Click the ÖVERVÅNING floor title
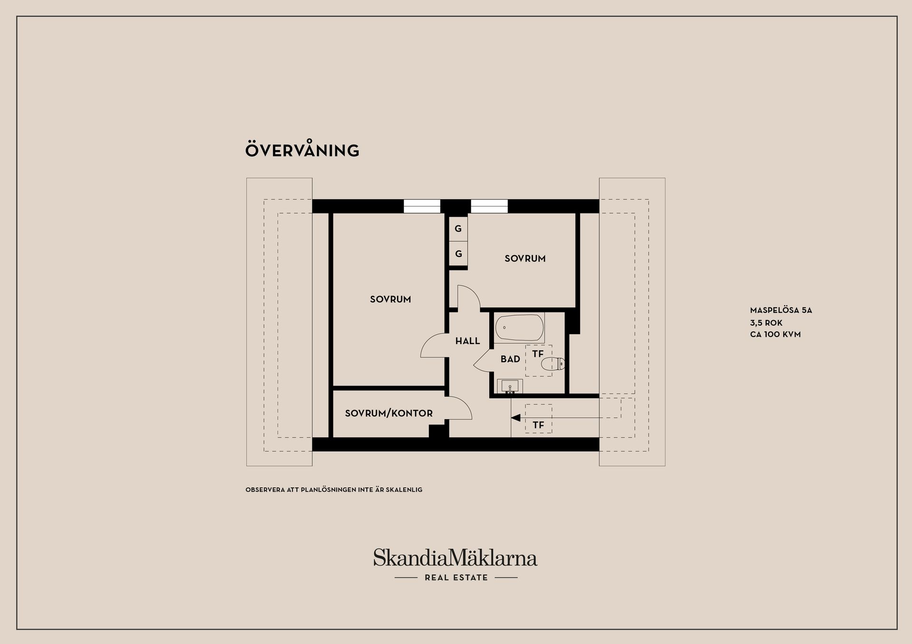pos(302,150)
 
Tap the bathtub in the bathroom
pos(519,327)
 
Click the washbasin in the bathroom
pos(510,386)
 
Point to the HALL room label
pos(467,341)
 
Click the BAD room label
pos(510,359)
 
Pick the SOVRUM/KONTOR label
pos(389,413)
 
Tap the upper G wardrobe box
pos(458,229)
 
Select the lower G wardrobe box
pos(458,254)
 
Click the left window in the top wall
pos(422,206)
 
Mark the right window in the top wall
pos(489,206)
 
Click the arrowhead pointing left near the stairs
pos(516,418)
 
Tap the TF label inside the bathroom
pos(538,354)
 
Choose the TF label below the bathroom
pos(538,425)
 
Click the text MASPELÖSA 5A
pos(781,310)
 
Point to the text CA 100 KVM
pos(775,334)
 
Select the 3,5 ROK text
pos(766,323)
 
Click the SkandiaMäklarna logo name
pos(455,558)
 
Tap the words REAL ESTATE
pos(456,578)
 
